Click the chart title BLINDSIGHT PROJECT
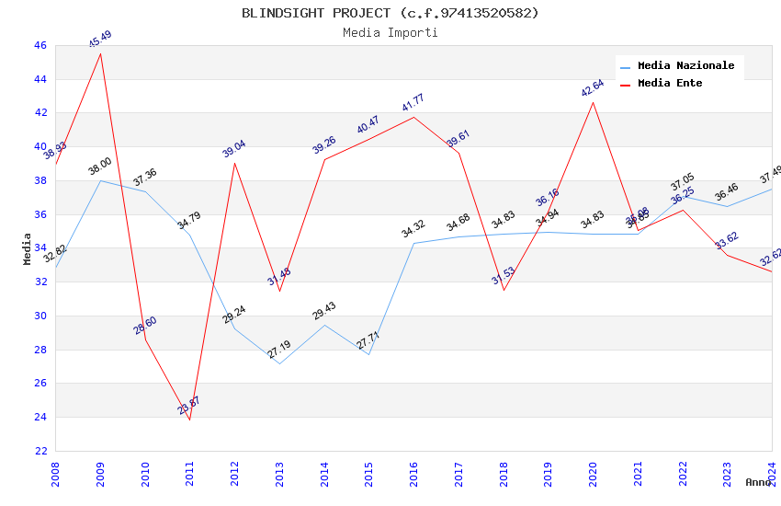point(390,13)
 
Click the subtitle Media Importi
point(390,33)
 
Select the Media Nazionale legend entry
point(685,66)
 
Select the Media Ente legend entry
point(670,84)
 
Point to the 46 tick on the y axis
point(40,45)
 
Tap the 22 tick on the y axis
point(40,451)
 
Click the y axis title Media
point(28,248)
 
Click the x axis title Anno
point(758,482)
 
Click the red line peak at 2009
point(100,53)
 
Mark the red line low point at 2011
point(190,420)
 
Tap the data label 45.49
point(100,39)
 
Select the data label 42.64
point(593,88)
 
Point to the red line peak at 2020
point(593,102)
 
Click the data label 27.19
point(279,350)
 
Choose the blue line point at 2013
point(279,363)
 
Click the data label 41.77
point(413,103)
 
